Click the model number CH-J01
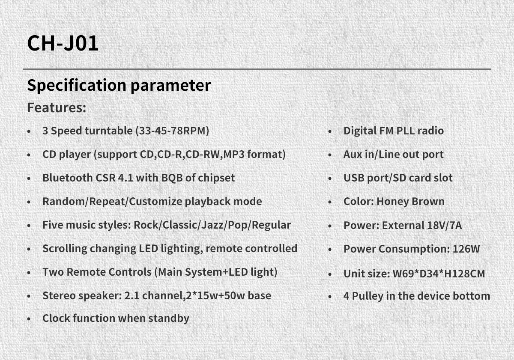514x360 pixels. (x=63, y=43)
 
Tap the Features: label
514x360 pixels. (x=57, y=107)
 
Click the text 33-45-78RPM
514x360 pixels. (x=173, y=131)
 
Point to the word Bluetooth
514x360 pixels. (x=68, y=178)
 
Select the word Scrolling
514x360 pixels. (x=65, y=249)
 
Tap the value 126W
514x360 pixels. (x=466, y=249)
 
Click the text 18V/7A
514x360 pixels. (x=445, y=225)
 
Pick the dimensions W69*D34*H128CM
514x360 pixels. (x=439, y=274)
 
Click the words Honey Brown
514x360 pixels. (x=410, y=201)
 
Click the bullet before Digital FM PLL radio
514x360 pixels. (x=330, y=131)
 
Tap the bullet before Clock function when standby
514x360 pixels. (x=29, y=319)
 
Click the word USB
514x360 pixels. (x=354, y=178)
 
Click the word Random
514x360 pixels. (x=63, y=201)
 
